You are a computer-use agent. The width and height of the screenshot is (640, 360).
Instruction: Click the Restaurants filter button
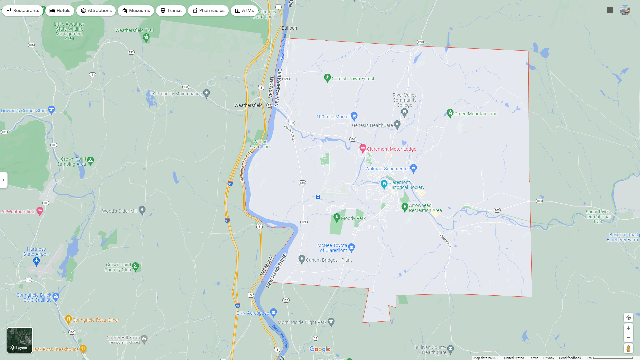[x=23, y=11]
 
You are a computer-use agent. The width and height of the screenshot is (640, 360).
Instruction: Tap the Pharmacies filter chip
[x=208, y=11]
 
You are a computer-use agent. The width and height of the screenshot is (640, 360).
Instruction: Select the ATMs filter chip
[x=244, y=11]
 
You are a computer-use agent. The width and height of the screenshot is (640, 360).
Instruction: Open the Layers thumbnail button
[x=20, y=340]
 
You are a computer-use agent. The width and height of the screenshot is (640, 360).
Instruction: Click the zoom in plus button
[x=628, y=328]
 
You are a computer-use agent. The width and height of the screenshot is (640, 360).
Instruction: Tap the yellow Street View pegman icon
[x=628, y=349]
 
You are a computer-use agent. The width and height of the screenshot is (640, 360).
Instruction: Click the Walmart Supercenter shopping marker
[x=414, y=168]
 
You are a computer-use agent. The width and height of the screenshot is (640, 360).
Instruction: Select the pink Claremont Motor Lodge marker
[x=363, y=148]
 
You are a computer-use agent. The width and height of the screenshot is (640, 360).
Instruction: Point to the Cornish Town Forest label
[x=353, y=79]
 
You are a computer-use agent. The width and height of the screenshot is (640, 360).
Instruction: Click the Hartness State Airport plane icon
[x=37, y=261]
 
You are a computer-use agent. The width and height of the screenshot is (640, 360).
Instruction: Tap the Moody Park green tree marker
[x=337, y=218]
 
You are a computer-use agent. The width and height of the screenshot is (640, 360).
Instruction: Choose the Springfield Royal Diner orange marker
[x=68, y=319]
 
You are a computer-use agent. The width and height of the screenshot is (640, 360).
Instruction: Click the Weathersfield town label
[x=248, y=105]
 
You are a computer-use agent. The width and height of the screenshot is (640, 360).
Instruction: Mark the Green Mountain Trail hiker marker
[x=450, y=113]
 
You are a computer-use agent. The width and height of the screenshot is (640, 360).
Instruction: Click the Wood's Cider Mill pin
[x=142, y=210]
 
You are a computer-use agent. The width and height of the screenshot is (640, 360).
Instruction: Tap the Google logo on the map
[x=320, y=349]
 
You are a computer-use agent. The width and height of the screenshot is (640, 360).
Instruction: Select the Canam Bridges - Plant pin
[x=302, y=259]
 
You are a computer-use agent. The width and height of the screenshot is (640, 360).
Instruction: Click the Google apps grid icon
[x=610, y=10]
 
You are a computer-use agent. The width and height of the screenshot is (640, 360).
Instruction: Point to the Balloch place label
[x=289, y=28]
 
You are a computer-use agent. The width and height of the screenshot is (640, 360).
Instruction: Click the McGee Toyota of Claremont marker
[x=352, y=247]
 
